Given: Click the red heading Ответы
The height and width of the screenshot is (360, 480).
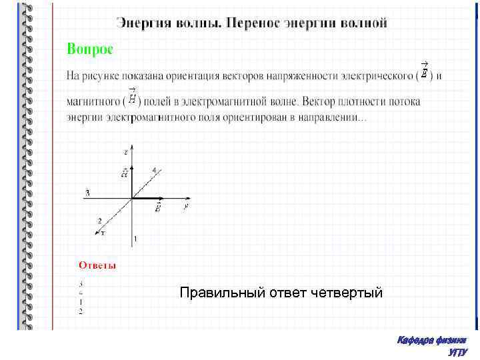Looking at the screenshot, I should click(x=97, y=265).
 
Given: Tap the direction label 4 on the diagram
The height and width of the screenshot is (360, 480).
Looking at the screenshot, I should click(x=155, y=170).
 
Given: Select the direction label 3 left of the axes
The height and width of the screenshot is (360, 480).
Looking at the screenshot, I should click(x=86, y=193).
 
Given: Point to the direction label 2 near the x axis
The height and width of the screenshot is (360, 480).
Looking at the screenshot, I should click(x=99, y=220).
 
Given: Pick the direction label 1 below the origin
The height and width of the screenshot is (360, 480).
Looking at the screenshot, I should click(x=135, y=239).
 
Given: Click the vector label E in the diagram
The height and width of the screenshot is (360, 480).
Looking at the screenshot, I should click(x=158, y=208).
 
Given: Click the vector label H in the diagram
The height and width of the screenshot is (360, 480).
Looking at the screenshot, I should click(x=124, y=173).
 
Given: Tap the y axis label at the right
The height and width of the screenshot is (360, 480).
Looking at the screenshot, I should click(x=185, y=207).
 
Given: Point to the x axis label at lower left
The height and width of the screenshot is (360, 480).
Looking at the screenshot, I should click(x=104, y=233).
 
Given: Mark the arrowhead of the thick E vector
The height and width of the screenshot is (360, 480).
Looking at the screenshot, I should click(x=165, y=198).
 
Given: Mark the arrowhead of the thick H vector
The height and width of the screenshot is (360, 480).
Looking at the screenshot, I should click(x=132, y=165).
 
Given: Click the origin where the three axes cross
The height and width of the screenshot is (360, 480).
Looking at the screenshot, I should click(x=132, y=198).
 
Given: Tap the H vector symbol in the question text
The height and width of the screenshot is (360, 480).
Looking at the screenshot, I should click(x=132, y=98).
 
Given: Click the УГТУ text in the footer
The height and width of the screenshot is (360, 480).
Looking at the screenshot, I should click(x=459, y=351).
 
